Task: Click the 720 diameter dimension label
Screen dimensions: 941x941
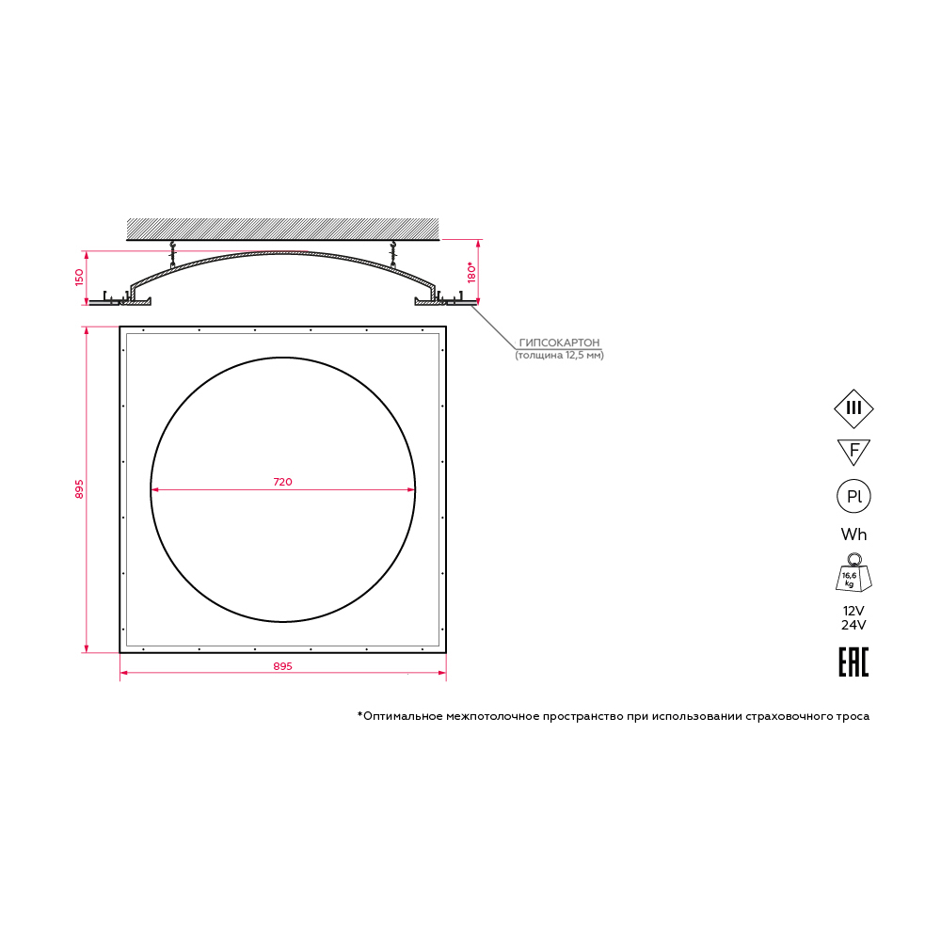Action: pyautogui.click(x=282, y=482)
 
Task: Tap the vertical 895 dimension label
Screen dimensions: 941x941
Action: pyautogui.click(x=79, y=489)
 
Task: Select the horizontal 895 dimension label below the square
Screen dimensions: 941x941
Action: pyautogui.click(x=282, y=666)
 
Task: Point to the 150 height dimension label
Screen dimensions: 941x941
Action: pyautogui.click(x=79, y=278)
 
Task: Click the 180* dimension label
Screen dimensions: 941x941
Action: pyautogui.click(x=471, y=272)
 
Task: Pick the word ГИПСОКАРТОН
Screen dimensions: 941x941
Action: pyautogui.click(x=559, y=343)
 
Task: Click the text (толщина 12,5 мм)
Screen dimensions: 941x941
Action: pyautogui.click(x=559, y=356)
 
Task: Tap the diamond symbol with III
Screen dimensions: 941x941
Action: pyautogui.click(x=853, y=408)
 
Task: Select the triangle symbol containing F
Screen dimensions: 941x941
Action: pyautogui.click(x=853, y=452)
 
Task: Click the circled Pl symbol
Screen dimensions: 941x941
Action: pyautogui.click(x=853, y=496)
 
